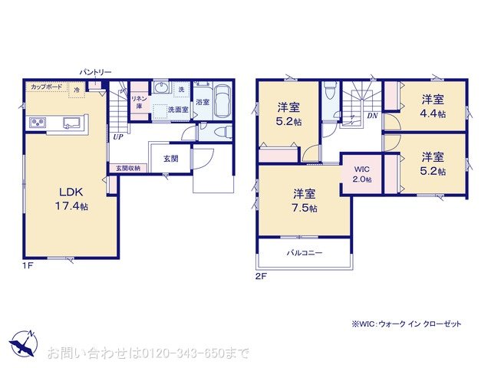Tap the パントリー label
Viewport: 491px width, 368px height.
96,72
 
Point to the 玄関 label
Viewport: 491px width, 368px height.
170,159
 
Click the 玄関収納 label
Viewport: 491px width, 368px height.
127,168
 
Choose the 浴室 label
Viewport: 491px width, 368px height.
203,102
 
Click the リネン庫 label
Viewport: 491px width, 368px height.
139,102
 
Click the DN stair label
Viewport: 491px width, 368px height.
372,116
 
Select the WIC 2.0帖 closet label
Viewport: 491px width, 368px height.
362,174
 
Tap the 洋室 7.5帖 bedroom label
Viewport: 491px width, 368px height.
304,199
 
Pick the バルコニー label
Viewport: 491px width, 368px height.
305,251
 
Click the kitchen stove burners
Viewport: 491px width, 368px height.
38,123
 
